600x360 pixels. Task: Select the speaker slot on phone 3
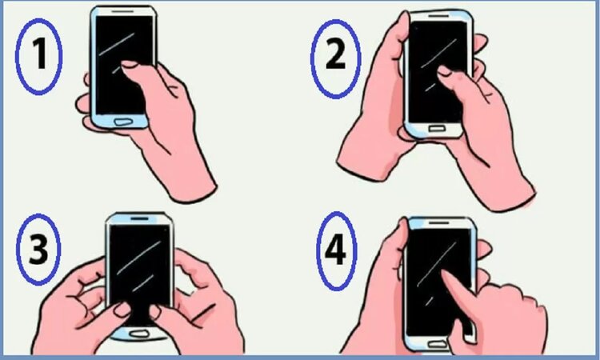click(x=140, y=218)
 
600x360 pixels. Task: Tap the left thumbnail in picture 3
click(x=122, y=308)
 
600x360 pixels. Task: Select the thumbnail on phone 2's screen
click(x=443, y=71)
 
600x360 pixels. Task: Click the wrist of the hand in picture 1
click(x=188, y=176)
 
